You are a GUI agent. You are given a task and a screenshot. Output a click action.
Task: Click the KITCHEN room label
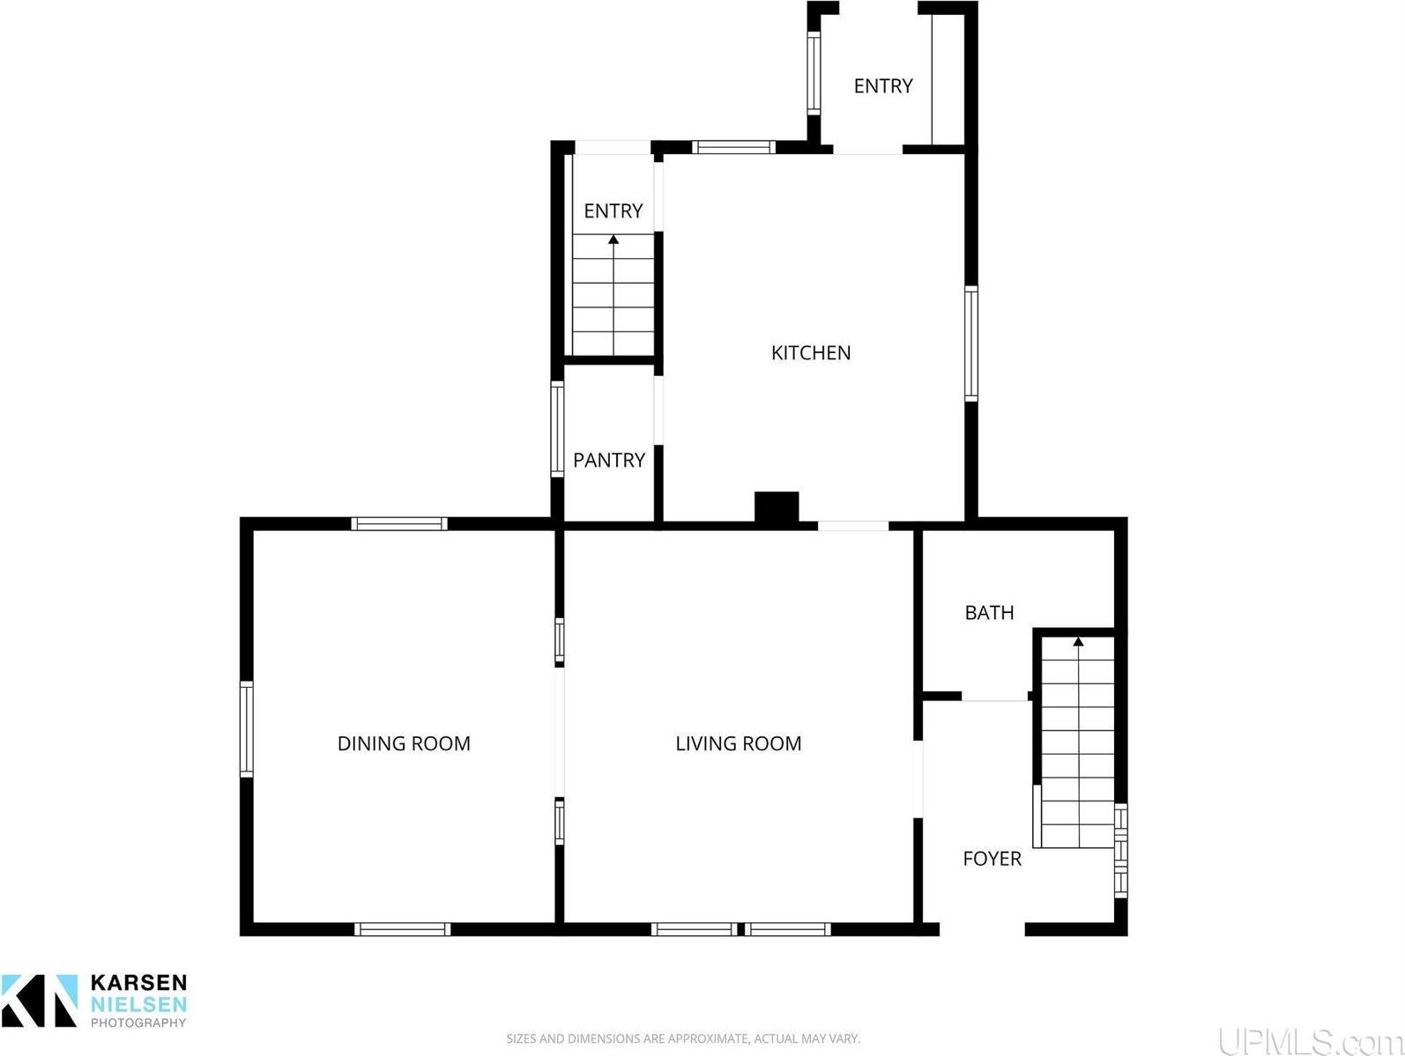[811, 353]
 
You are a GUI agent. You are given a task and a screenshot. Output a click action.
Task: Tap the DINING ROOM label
[404, 743]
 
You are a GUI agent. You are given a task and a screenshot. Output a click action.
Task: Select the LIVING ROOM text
[739, 743]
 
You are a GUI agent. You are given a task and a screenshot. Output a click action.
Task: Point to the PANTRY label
[609, 460]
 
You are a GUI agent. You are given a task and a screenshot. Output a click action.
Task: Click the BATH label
[989, 613]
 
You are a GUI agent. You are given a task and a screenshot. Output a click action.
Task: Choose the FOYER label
[992, 859]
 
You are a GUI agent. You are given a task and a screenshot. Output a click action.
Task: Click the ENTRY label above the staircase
[613, 211]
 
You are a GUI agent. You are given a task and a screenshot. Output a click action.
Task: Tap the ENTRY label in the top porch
[883, 86]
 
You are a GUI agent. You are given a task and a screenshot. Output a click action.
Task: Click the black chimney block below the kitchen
[777, 507]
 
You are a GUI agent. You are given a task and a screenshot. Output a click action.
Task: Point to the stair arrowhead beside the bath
[1078, 641]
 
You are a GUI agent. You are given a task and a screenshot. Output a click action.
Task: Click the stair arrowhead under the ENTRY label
[613, 239]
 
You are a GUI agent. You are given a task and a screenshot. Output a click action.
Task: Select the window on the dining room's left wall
[247, 729]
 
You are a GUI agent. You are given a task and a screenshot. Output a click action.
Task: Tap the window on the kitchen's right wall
[971, 343]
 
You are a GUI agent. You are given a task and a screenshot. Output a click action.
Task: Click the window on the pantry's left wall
[557, 429]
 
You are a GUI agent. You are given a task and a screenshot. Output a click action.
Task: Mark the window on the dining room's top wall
[399, 524]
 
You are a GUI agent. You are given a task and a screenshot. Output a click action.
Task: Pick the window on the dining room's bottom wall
[402, 929]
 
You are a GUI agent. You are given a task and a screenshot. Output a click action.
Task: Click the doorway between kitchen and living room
[852, 527]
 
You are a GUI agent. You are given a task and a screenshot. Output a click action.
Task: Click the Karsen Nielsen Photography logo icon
[40, 1001]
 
